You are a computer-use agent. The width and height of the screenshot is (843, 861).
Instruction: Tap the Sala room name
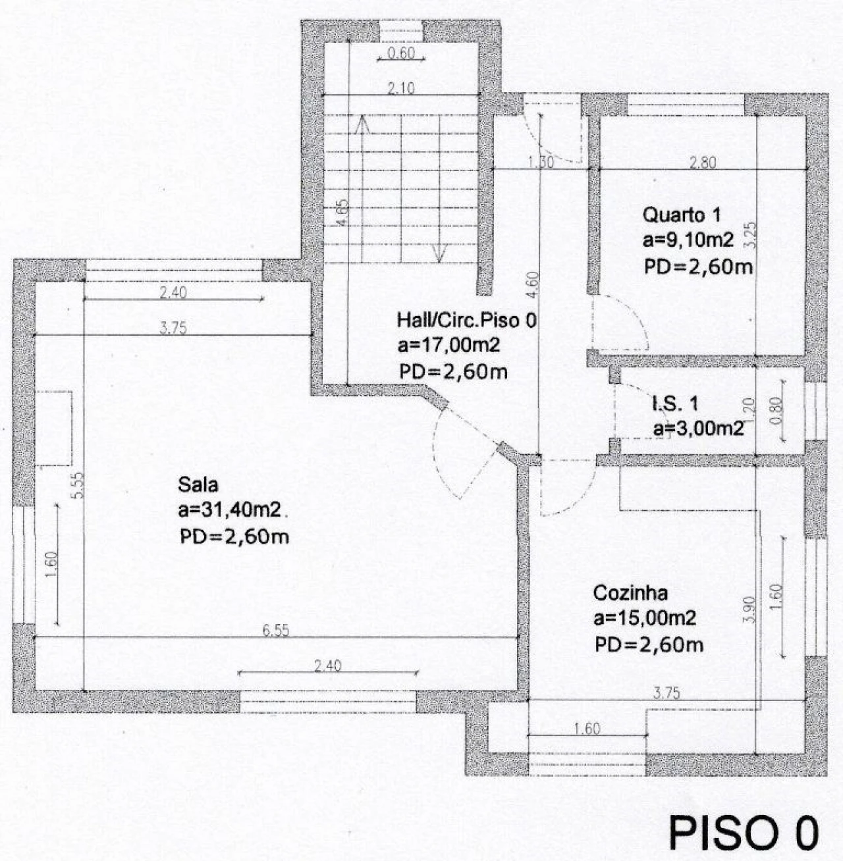[198, 485]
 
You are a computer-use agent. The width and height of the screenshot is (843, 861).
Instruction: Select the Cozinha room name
[630, 593]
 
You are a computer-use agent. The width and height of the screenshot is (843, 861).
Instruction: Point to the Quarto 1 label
[682, 215]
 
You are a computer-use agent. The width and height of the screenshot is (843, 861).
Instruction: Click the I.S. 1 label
[675, 404]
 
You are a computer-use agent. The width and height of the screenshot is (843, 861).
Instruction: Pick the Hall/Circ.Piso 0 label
[467, 320]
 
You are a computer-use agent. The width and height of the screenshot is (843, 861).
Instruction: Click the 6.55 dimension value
[276, 631]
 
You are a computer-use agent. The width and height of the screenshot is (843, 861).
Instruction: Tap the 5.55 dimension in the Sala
[78, 486]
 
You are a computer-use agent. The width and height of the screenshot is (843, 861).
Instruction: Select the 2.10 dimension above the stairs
[401, 89]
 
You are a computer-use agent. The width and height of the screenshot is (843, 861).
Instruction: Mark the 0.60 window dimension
[401, 53]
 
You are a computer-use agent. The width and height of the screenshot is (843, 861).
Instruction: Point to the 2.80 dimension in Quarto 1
[703, 163]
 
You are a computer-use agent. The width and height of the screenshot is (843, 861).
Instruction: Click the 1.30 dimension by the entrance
[541, 163]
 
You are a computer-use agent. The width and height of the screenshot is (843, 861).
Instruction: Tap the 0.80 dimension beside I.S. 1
[776, 411]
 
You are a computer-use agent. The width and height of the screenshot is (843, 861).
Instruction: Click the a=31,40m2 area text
[230, 511]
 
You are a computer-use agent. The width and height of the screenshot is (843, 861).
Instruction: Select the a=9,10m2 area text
[688, 241]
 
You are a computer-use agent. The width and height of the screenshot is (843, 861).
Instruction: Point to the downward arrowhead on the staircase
[439, 253]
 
